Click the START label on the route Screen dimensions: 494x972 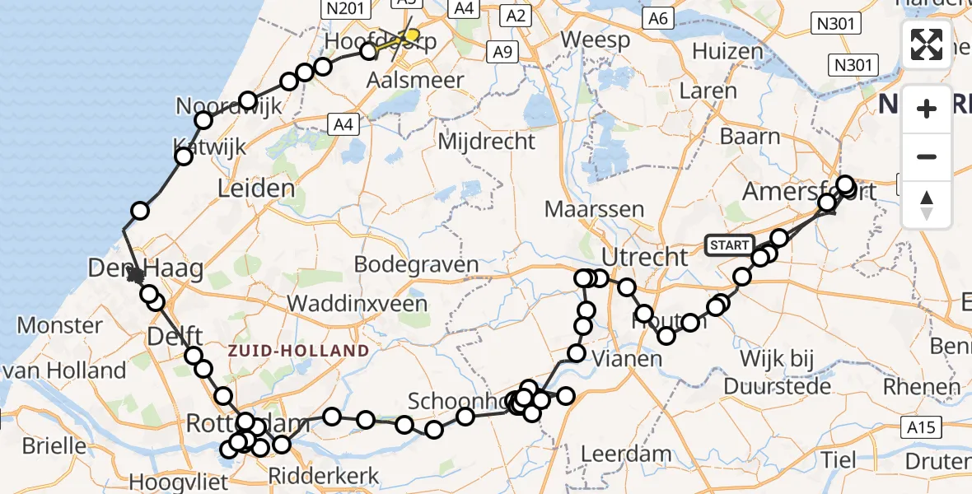point(729,245)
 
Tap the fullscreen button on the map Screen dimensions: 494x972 point(927,44)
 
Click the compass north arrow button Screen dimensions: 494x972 point(927,205)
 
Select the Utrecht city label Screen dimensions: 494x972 point(644,256)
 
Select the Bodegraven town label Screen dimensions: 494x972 point(416,265)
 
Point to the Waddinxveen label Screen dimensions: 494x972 point(357,303)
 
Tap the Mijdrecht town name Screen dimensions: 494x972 point(486,142)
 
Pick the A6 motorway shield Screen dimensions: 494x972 point(657,18)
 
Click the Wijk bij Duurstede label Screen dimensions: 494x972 point(777,372)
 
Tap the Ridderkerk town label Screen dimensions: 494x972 point(324,476)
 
